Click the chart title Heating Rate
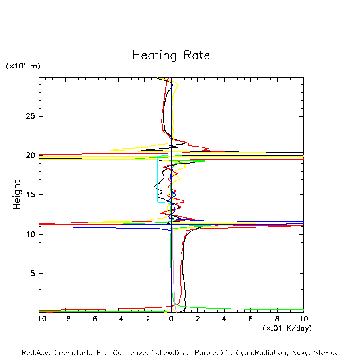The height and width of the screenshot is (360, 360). pos(171,55)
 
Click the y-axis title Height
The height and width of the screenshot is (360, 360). pos(17,195)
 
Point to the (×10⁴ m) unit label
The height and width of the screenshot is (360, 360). pos(23,66)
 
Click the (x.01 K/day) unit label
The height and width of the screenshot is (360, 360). pos(287,328)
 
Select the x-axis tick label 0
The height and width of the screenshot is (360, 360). pos(171,319)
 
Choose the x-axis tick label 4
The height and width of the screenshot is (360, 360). pos(224,319)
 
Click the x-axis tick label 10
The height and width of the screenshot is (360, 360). pos(303,319)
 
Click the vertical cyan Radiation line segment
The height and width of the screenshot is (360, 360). pos(158,179)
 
